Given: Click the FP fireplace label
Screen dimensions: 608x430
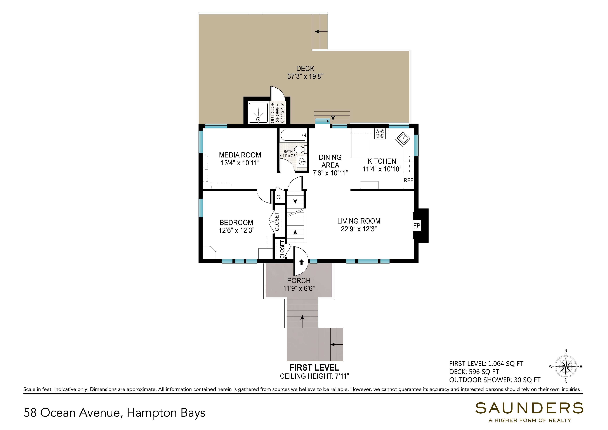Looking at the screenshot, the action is [x=417, y=226].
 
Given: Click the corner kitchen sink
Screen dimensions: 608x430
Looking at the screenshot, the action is [x=403, y=138].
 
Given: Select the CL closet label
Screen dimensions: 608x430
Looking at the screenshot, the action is [x=280, y=198].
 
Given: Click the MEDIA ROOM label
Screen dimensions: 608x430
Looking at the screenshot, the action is [x=240, y=155].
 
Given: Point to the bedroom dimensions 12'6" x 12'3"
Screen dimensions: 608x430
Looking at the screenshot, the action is [x=236, y=230].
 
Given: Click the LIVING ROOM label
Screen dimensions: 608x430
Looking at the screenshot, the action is [x=359, y=221].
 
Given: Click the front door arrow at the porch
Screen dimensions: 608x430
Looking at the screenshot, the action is [x=301, y=262].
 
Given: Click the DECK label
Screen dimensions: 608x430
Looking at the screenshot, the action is [x=305, y=69].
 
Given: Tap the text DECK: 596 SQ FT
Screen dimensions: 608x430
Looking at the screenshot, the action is [x=474, y=372].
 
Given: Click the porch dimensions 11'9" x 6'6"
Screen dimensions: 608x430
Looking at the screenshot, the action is [x=299, y=288].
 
